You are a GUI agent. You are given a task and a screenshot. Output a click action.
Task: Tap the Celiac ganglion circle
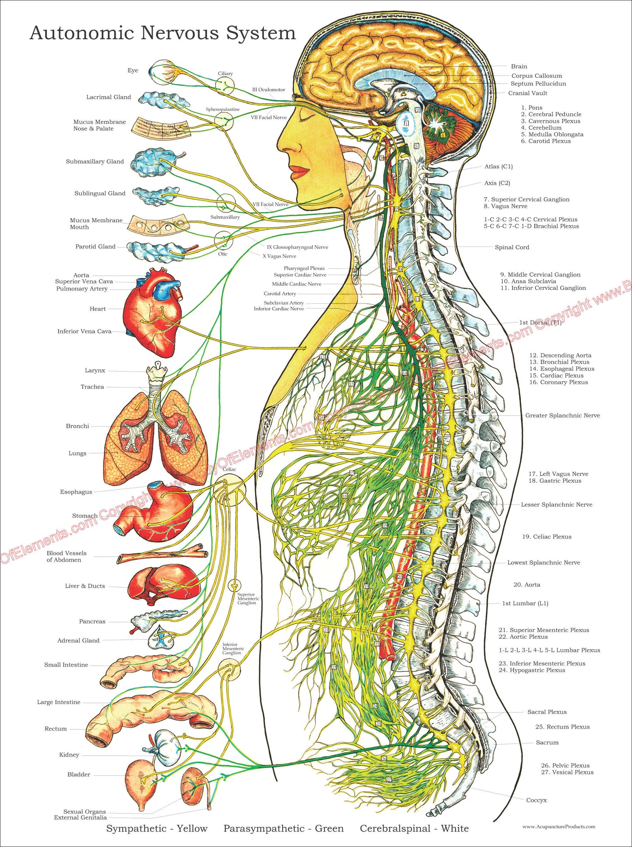(x=230, y=490)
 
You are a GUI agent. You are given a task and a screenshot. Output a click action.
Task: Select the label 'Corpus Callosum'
(x=537, y=76)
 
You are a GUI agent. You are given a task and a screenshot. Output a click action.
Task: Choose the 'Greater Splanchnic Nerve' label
(x=562, y=415)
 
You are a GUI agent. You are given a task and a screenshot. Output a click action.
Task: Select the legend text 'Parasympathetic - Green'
(x=283, y=828)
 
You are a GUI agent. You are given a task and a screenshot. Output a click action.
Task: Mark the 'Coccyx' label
(x=536, y=800)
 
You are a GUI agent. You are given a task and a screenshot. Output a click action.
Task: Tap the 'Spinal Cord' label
(x=512, y=247)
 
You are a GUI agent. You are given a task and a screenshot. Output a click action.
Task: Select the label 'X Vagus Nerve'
(x=279, y=256)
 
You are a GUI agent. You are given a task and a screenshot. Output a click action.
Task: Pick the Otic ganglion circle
(x=223, y=240)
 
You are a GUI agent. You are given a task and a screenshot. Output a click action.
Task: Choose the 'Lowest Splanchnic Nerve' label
(x=544, y=562)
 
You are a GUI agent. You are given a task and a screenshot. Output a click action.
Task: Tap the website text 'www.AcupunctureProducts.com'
(x=559, y=826)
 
